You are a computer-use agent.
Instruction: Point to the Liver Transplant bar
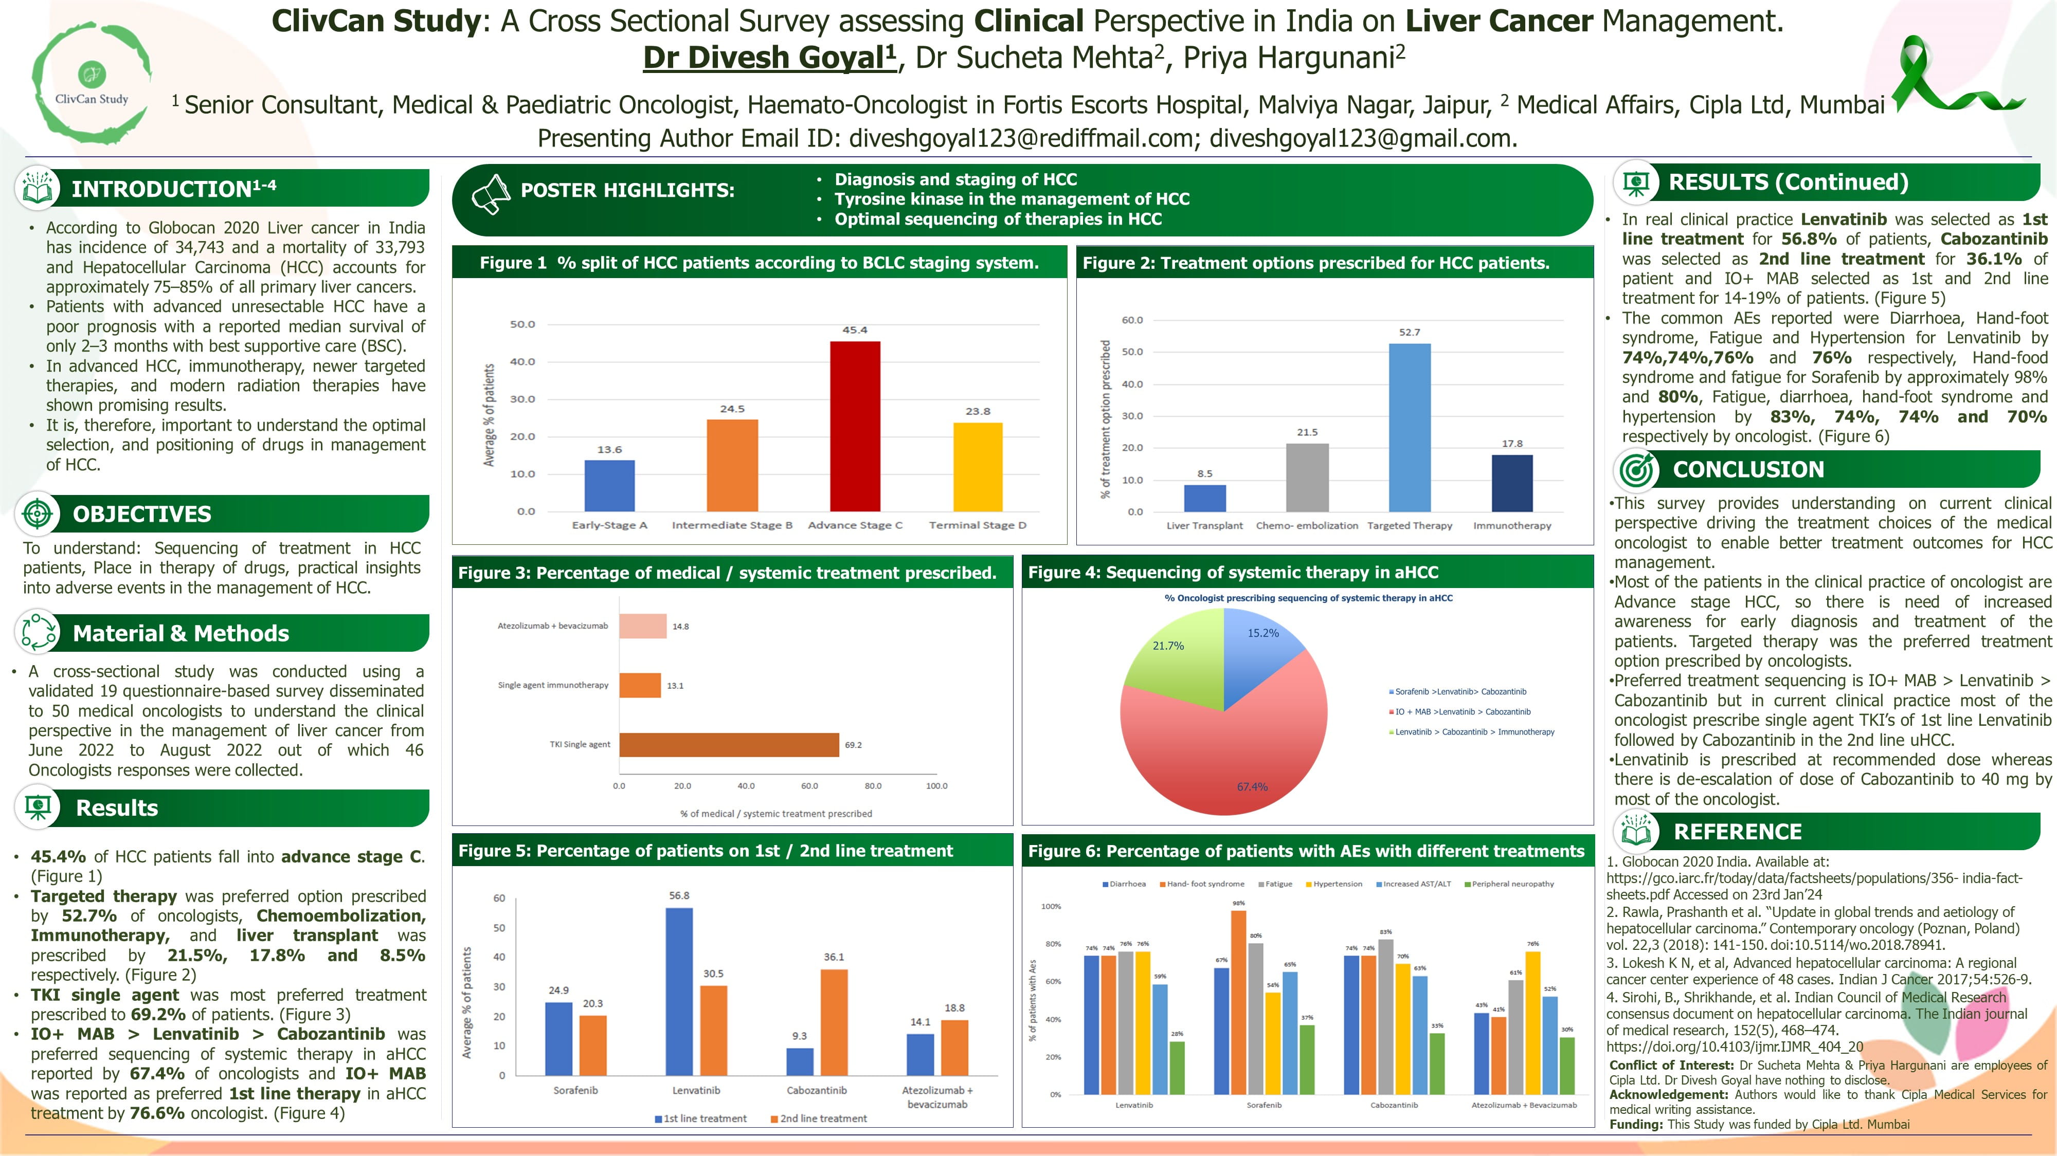point(1204,498)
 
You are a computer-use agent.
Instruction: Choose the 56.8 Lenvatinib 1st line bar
point(679,990)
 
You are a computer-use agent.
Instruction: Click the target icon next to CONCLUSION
point(1637,469)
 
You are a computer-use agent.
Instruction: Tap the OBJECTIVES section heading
point(142,514)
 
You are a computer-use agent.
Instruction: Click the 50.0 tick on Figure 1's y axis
point(522,324)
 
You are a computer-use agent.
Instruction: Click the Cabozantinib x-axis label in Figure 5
point(816,1090)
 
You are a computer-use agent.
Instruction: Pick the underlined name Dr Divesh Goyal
point(768,58)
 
